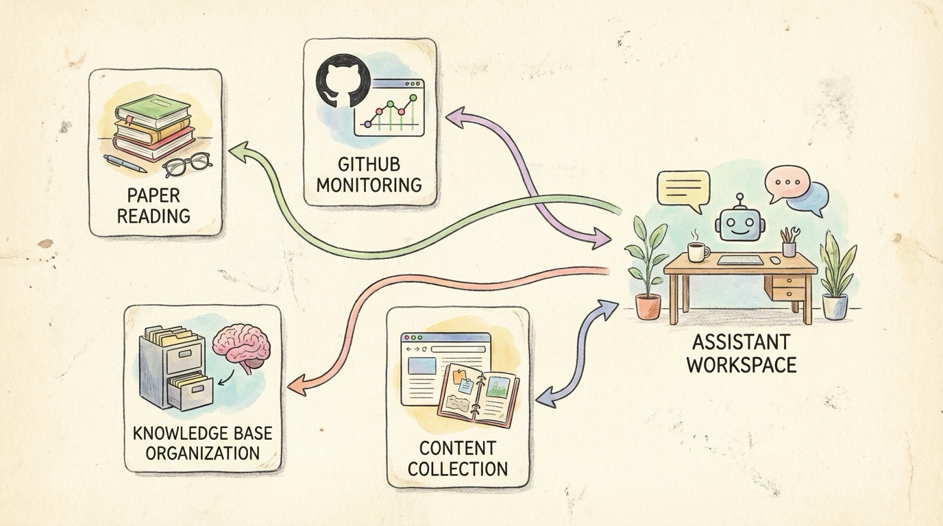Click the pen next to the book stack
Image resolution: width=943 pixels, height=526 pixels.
125,163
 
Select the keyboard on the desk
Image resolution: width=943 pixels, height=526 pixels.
739,260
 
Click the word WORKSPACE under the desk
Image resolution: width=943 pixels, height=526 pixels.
741,364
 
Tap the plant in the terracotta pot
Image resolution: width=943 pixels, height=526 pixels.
647,271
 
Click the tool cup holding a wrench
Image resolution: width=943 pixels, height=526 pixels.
789,245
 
